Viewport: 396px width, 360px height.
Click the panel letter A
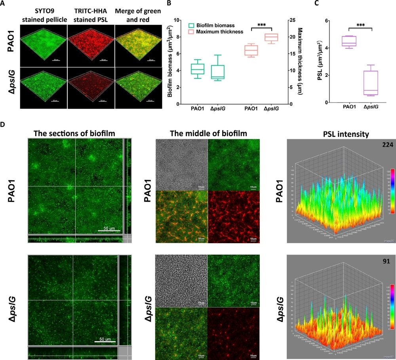click(4, 3)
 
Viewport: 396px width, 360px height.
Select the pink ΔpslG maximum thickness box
click(271, 37)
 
